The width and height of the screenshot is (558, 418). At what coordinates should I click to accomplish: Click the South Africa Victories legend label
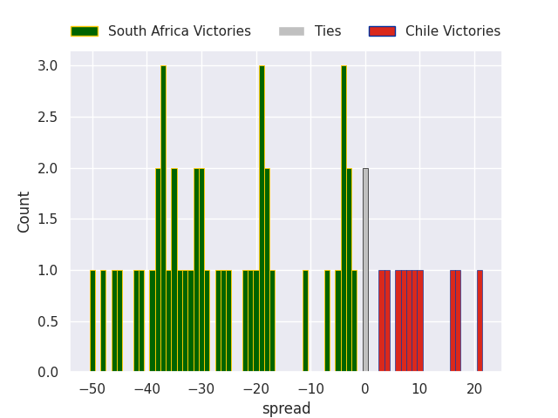179,31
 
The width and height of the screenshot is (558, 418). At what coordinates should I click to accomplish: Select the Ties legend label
328,31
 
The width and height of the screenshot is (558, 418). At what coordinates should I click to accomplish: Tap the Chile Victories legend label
453,31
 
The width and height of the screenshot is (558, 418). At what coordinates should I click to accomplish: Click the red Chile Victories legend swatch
382,31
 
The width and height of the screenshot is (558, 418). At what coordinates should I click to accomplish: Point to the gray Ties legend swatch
291,31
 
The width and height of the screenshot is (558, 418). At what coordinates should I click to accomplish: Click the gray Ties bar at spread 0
365,270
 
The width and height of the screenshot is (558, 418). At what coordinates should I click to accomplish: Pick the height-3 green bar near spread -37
163,219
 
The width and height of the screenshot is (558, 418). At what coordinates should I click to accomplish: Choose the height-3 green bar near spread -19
262,219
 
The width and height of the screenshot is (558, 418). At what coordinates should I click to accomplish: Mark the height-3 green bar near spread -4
344,219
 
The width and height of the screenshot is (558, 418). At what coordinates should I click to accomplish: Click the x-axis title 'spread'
286,408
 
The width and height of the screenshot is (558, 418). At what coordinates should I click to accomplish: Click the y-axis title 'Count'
24,212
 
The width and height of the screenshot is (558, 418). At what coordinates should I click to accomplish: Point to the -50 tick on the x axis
92,388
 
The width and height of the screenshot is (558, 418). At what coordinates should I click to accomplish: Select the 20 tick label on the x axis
474,388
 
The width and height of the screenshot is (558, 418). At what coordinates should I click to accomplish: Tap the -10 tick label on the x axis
310,388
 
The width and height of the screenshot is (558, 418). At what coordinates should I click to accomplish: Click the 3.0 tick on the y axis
48,66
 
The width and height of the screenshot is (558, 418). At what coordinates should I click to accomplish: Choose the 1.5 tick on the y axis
48,219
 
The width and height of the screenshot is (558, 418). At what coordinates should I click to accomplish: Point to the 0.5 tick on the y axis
48,321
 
